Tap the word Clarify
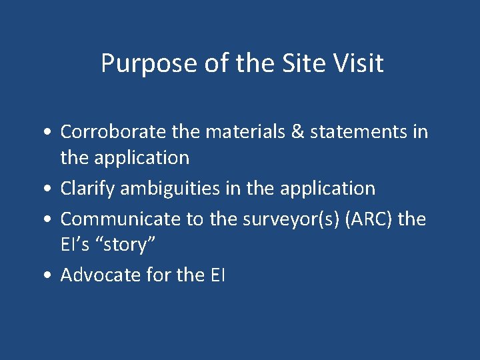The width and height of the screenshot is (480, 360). pos(81,189)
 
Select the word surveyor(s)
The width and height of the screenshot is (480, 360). pos(273,219)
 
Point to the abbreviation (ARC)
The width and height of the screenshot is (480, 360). pos(356,218)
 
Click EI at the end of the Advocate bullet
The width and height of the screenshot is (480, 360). pos(217,275)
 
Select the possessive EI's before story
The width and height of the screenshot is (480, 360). pos(75,245)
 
